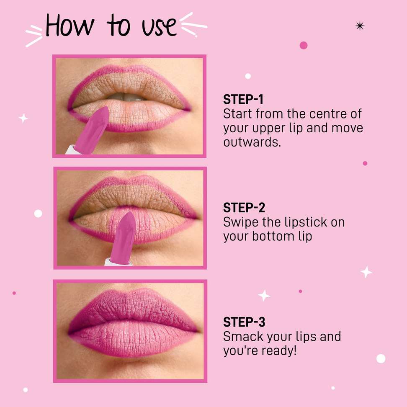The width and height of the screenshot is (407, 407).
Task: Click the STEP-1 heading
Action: pyautogui.click(x=243, y=99)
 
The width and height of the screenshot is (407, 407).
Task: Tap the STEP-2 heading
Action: pyautogui.click(x=244, y=208)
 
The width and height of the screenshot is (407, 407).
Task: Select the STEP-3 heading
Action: pyautogui.click(x=244, y=322)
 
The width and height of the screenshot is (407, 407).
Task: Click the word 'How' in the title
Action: pyautogui.click(x=70, y=25)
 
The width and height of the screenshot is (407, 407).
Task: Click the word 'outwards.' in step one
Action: pyautogui.click(x=252, y=142)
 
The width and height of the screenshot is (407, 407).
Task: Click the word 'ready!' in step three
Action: pyautogui.click(x=279, y=351)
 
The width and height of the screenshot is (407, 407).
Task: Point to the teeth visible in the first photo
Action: pyautogui.click(x=126, y=97)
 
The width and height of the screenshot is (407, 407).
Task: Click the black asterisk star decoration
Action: pyautogui.click(x=360, y=26)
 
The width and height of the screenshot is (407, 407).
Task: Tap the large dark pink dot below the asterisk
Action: pyautogui.click(x=304, y=45)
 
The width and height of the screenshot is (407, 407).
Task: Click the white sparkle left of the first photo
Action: pyautogui.click(x=23, y=118)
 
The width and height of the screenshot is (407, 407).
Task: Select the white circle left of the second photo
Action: pyautogui.click(x=38, y=214)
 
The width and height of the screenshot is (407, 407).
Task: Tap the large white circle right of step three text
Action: pyautogui.click(x=381, y=358)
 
